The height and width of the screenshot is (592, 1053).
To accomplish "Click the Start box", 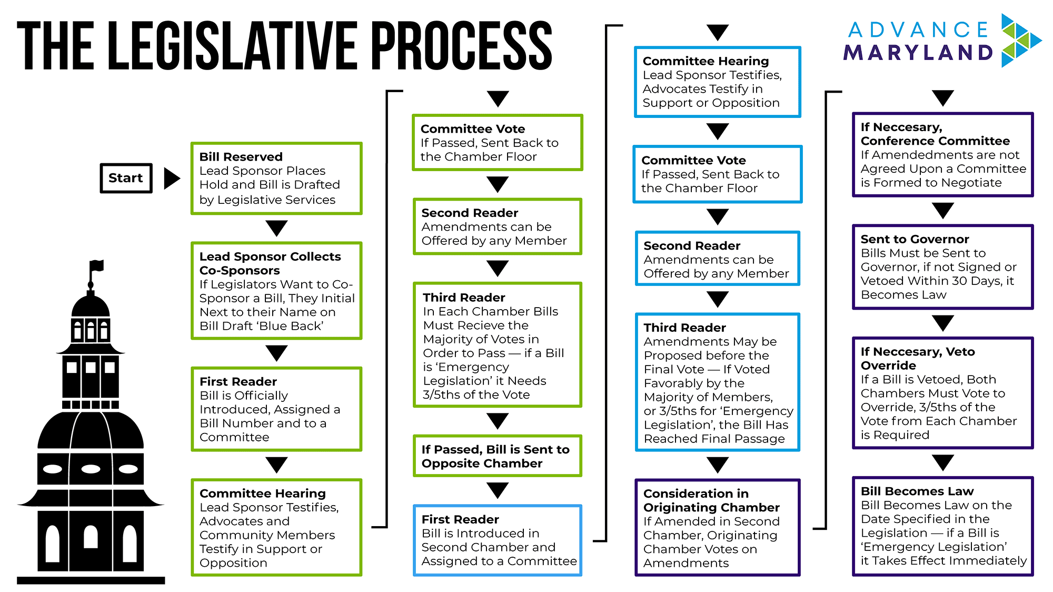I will (126, 178).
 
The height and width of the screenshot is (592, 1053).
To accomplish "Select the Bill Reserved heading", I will (241, 157).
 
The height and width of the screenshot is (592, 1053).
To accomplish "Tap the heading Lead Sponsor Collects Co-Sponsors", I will (270, 263).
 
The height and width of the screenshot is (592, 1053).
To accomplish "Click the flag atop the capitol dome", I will (96, 265).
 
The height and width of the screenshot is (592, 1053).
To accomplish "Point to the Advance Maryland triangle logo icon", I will (1019, 41).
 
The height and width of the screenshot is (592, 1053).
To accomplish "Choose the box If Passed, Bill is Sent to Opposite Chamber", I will (497, 456).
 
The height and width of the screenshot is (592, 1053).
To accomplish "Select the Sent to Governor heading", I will (915, 239).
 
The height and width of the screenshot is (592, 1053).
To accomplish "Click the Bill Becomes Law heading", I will (917, 491).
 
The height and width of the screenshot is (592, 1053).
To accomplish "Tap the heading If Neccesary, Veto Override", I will (917, 358).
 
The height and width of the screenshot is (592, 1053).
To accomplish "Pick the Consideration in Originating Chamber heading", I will (711, 500).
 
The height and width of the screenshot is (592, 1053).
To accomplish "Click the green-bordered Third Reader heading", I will (464, 298).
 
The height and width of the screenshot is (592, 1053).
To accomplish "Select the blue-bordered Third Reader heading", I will (684, 328).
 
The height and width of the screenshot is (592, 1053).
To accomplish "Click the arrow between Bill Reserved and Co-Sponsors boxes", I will (276, 228).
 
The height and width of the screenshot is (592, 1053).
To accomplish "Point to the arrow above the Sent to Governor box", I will (942, 211).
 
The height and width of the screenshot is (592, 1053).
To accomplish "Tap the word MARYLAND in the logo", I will (918, 53).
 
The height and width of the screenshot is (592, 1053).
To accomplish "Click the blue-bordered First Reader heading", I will (460, 519).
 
